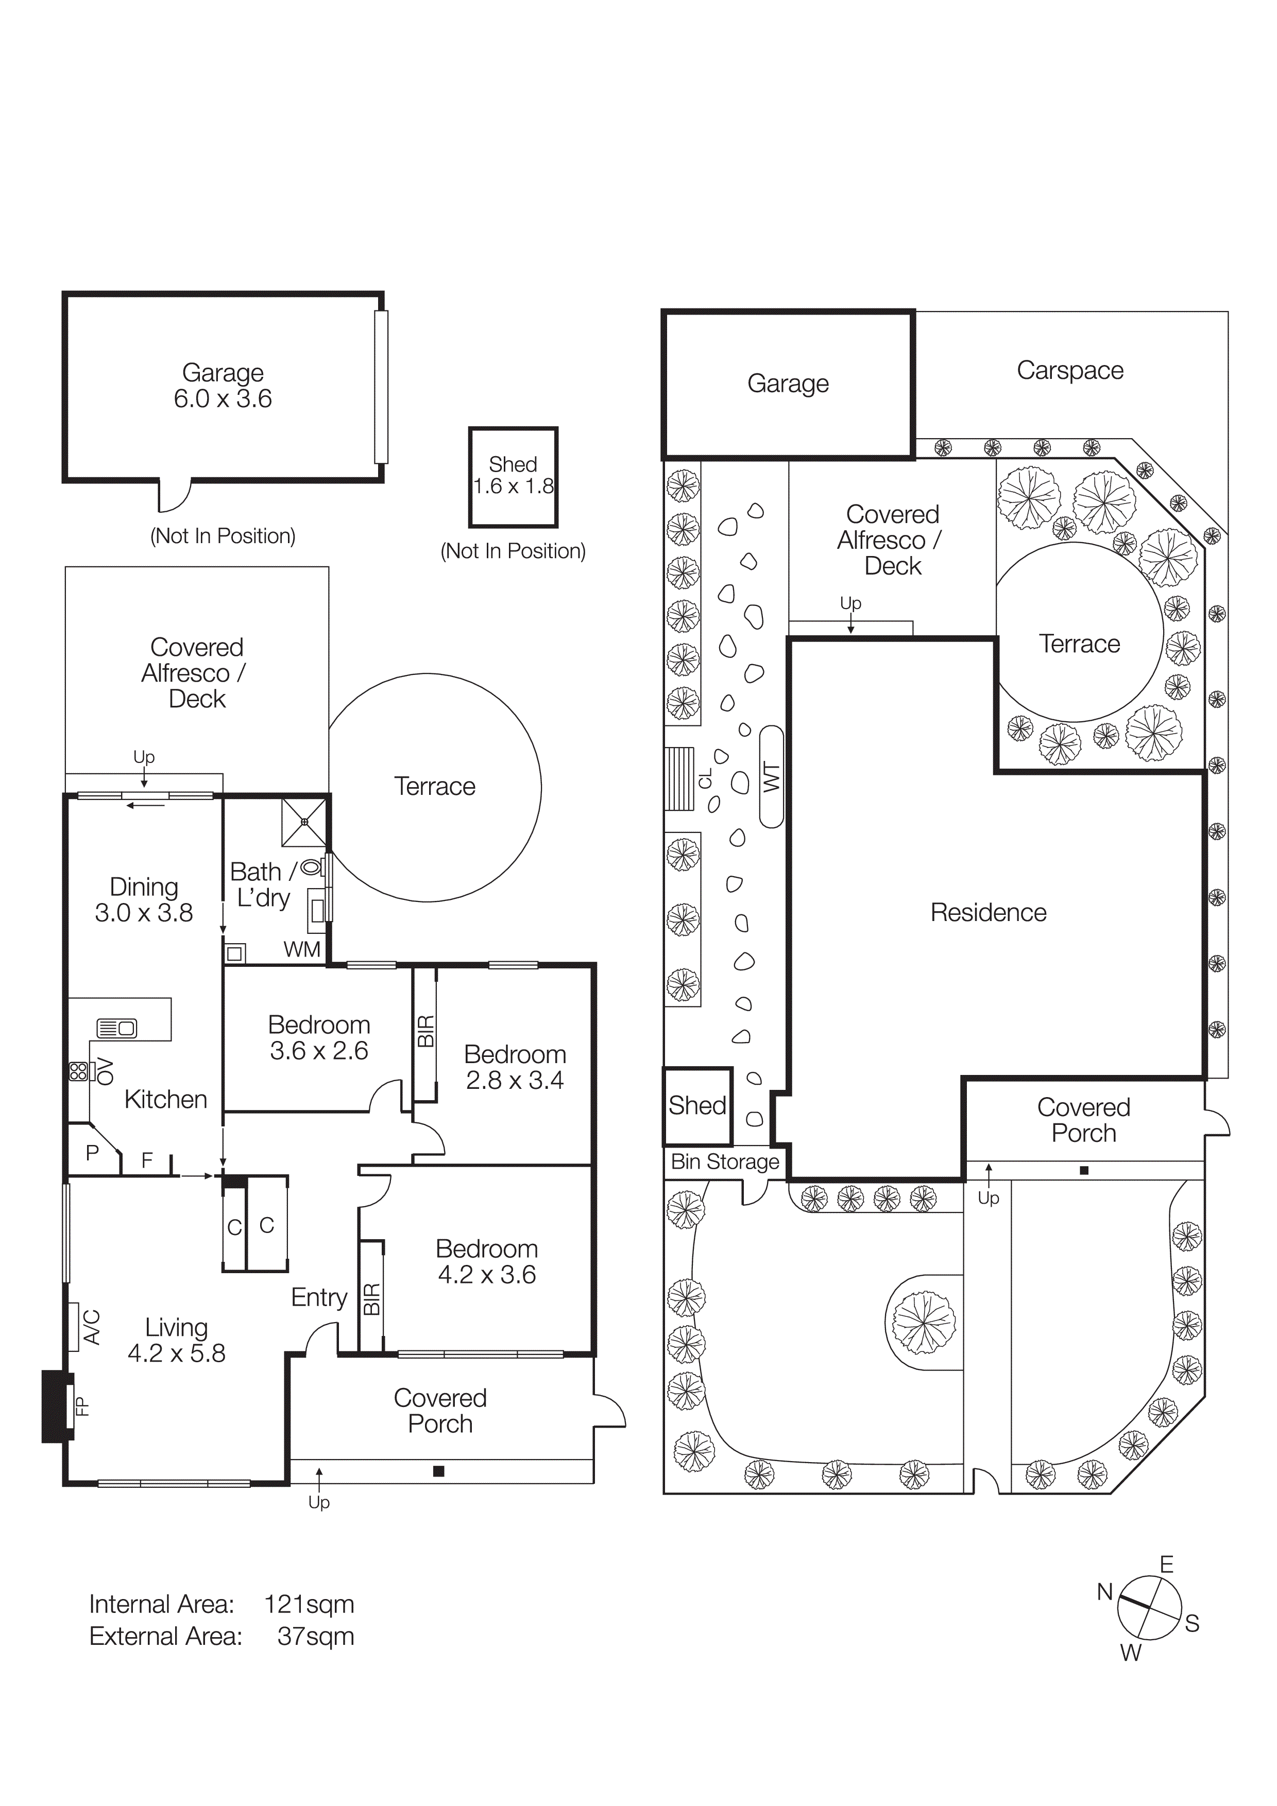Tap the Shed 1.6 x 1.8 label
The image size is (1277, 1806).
[x=513, y=476]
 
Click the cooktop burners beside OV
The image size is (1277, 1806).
[x=78, y=1071]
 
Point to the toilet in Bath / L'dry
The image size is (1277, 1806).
[x=312, y=867]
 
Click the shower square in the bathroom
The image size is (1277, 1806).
[x=304, y=822]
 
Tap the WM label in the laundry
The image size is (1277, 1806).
[x=302, y=949]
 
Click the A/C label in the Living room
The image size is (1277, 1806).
[x=92, y=1327]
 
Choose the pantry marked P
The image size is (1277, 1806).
[x=92, y=1153]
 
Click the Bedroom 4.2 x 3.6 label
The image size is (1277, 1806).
[x=486, y=1262]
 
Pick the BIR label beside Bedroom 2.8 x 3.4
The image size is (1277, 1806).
[x=425, y=1031]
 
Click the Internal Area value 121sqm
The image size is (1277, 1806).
[x=309, y=1605]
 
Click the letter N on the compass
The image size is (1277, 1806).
[x=1104, y=1593]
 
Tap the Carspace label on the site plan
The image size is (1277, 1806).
[x=1069, y=371]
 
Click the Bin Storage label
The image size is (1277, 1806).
[x=725, y=1162]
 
